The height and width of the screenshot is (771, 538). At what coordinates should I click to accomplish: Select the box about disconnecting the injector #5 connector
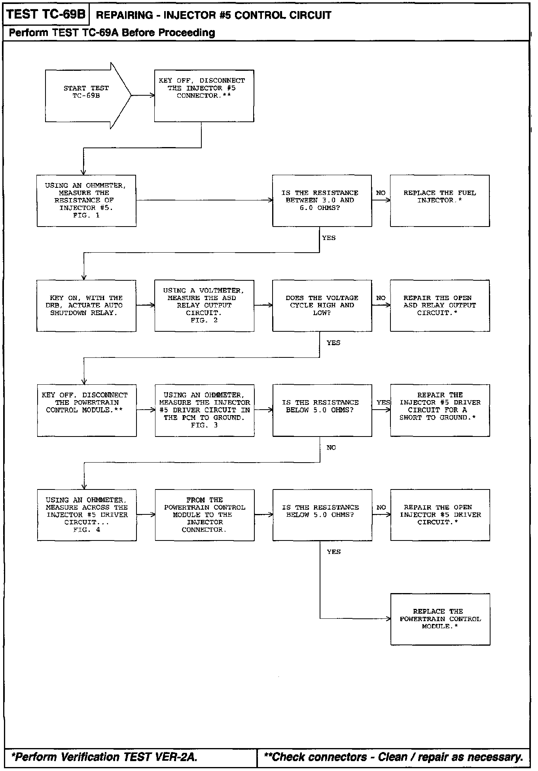tap(204, 96)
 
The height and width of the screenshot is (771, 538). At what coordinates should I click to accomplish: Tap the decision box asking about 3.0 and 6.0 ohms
tap(322, 201)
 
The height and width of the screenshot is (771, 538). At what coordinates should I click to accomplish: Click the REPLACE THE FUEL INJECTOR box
tap(439, 201)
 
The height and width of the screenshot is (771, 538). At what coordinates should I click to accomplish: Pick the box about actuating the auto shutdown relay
tap(86, 306)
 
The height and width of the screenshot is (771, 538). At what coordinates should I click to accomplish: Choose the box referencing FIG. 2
tap(204, 306)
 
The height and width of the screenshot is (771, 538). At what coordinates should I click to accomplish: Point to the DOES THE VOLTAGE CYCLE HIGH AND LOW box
tap(322, 306)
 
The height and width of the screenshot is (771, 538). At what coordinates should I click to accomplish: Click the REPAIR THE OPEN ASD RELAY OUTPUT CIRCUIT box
tap(439, 306)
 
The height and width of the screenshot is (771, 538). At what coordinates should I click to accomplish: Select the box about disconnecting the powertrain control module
tap(87, 410)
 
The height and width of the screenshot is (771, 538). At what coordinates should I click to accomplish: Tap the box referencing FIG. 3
tap(205, 410)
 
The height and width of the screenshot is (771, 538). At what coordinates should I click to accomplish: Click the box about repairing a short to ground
tap(440, 410)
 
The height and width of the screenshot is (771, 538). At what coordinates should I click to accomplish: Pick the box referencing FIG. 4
tap(87, 515)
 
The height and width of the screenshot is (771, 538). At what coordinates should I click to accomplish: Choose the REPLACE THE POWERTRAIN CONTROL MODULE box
tap(440, 619)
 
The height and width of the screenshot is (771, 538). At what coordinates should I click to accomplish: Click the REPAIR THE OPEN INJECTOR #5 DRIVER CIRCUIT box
tap(440, 515)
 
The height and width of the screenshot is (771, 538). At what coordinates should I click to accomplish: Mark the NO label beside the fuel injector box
tap(381, 193)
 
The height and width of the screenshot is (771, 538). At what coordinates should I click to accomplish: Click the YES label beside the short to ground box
tap(383, 403)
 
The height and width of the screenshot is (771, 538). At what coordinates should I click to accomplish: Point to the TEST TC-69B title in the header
tap(46, 15)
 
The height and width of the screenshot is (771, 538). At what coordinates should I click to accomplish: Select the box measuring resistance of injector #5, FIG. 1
tap(86, 201)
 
